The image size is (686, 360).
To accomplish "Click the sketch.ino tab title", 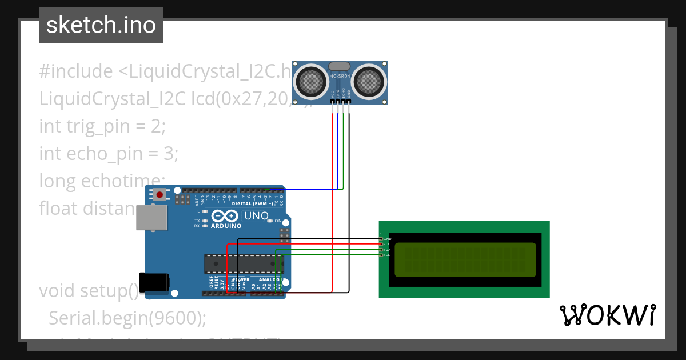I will [101, 25].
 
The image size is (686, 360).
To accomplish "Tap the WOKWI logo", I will [607, 315].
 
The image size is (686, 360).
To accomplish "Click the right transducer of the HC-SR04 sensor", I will [369, 81].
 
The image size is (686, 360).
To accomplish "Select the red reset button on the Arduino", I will [159, 195].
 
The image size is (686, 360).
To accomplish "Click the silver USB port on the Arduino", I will [151, 218].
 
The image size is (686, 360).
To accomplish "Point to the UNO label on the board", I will [256, 216].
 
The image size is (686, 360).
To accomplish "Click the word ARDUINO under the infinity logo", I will [226, 226].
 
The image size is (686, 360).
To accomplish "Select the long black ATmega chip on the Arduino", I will [244, 263].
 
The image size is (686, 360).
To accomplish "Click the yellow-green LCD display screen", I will [465, 258].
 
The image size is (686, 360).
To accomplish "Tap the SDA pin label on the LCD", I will [386, 250].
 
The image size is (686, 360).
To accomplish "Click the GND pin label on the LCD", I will [386, 238].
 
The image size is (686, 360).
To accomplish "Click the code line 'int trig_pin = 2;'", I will [102, 126].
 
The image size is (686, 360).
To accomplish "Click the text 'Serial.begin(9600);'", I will [127, 318].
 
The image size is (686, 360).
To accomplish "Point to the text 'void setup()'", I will [89, 290].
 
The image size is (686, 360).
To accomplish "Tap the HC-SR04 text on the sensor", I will [340, 75].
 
